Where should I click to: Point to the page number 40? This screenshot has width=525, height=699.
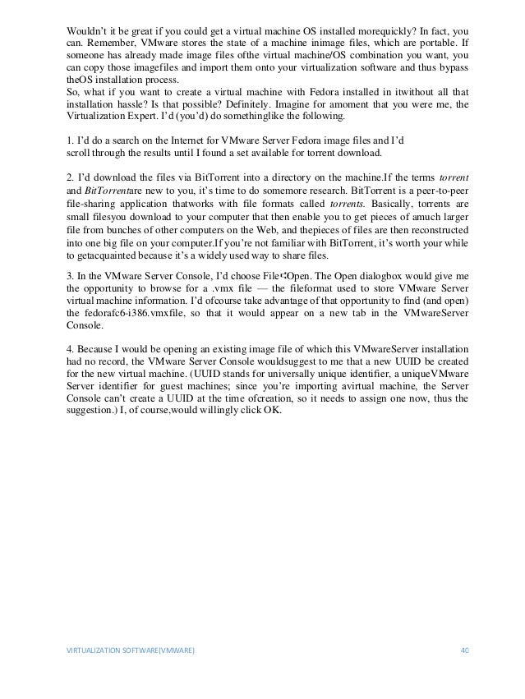click(463, 673)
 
